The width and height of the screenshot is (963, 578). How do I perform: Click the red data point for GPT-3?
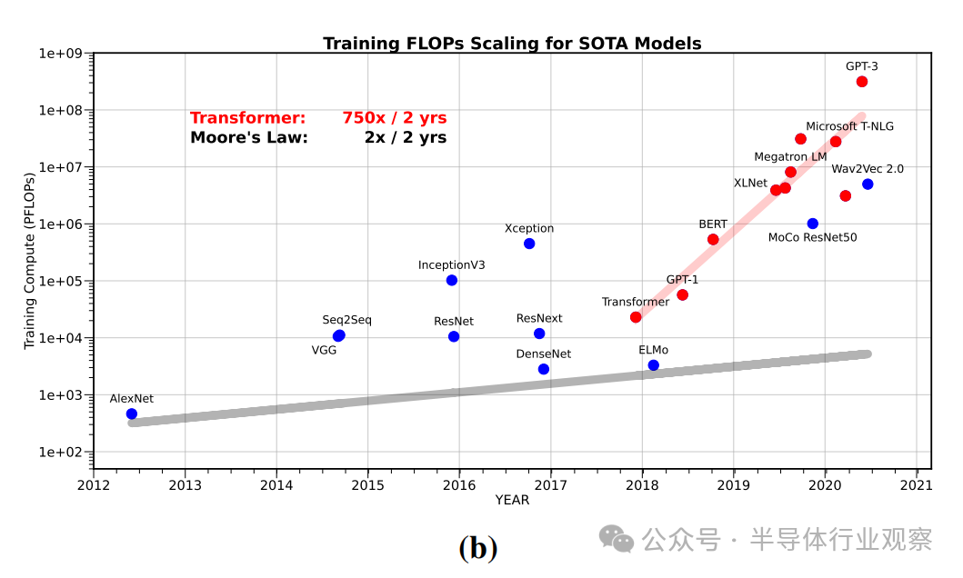pyautogui.click(x=862, y=82)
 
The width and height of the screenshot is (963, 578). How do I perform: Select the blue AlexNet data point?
pyautogui.click(x=132, y=414)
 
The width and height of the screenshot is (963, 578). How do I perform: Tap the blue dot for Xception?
pyautogui.click(x=529, y=244)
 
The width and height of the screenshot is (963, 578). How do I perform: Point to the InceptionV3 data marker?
pyautogui.click(x=452, y=280)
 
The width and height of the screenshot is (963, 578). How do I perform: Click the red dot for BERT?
pyautogui.click(x=713, y=239)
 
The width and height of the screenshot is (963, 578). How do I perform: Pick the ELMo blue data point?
pyautogui.click(x=653, y=365)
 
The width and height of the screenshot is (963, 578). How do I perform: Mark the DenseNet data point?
pyautogui.click(x=544, y=369)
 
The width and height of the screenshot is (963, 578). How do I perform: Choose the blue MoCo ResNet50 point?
pyautogui.click(x=812, y=224)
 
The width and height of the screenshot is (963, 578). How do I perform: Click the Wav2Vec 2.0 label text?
pyautogui.click(x=868, y=169)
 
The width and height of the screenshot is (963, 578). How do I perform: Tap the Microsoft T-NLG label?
pyautogui.click(x=849, y=126)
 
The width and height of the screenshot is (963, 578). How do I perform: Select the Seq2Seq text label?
pyautogui.click(x=346, y=320)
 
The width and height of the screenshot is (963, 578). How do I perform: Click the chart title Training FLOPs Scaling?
pyautogui.click(x=512, y=44)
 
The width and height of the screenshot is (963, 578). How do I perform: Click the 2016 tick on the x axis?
pyautogui.click(x=459, y=485)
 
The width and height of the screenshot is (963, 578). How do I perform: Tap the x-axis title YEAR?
pyautogui.click(x=512, y=500)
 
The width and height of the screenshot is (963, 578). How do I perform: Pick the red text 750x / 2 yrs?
pyautogui.click(x=395, y=118)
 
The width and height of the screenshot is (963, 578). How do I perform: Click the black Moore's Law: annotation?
pyautogui.click(x=249, y=138)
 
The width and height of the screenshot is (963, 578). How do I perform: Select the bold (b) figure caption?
pyautogui.click(x=478, y=548)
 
